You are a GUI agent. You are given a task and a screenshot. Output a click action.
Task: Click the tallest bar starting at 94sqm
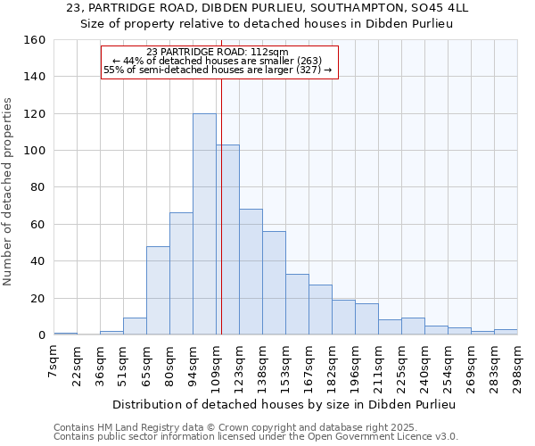[204, 224]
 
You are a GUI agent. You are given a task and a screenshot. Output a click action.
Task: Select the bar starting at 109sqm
[227, 240]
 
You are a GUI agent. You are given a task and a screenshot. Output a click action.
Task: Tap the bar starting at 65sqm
[158, 290]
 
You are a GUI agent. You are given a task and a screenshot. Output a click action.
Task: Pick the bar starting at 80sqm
[181, 274]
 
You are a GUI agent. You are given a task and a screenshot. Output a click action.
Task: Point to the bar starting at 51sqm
[135, 326]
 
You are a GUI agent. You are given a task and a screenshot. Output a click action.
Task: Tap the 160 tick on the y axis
[36, 40]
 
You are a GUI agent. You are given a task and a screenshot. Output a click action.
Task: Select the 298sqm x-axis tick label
[517, 361]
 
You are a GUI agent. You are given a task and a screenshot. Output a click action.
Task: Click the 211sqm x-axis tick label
[378, 361]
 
